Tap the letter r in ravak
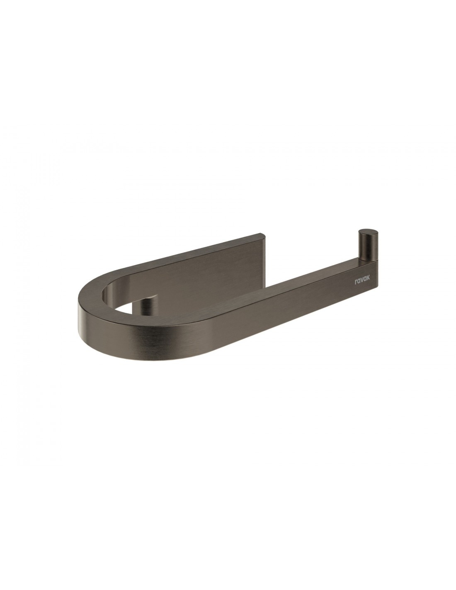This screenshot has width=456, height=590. pyautogui.click(x=356, y=283)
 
